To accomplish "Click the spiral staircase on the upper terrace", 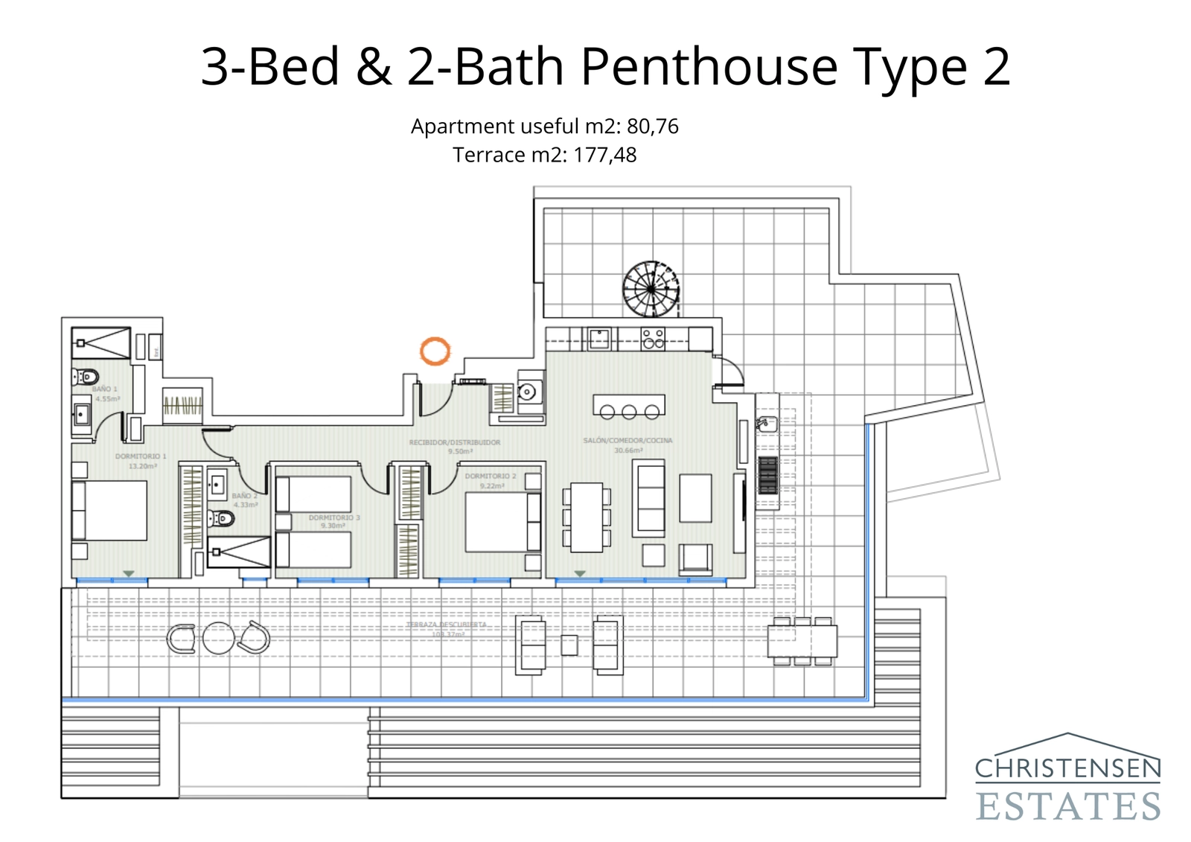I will coord(651,289).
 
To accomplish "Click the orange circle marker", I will coord(435,351).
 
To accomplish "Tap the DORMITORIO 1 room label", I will coord(141,456).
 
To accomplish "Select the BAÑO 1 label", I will coord(105,389).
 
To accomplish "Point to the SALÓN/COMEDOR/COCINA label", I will coord(628,441).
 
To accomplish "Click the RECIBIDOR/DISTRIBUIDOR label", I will coord(454,442).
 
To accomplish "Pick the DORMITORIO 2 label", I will coord(490,476).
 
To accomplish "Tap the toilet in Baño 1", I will coord(86,377).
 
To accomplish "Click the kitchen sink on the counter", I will coord(599,339).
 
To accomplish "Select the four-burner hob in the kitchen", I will coord(653,339).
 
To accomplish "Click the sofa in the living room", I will coord(649,498).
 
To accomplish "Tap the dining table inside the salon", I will coord(587,517).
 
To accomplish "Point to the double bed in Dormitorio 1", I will coord(110,510).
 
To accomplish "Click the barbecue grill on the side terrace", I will coord(768,476).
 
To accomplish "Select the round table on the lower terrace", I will coord(219,638).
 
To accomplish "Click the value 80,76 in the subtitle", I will coord(652,127).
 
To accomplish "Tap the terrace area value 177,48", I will coord(604,155).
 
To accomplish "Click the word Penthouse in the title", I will coord(710,67).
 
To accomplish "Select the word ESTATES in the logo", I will coord(1067,807).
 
